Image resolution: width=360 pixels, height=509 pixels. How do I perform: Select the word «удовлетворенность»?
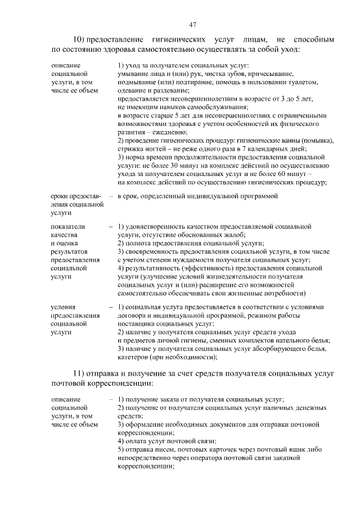157,226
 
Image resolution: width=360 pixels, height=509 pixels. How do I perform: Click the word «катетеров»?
134,357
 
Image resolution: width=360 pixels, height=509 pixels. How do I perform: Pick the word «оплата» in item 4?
136,442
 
